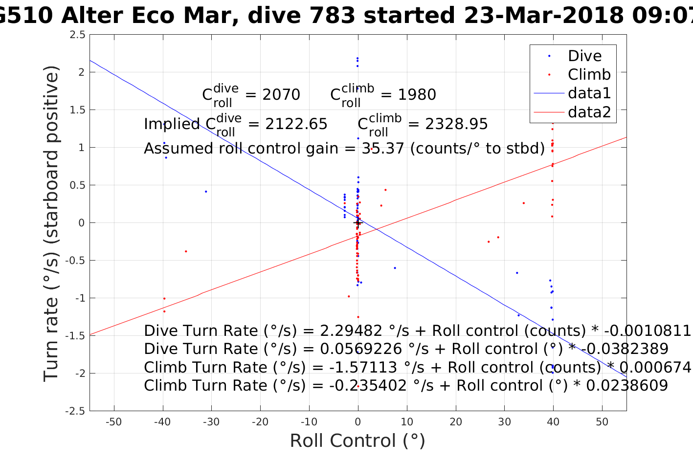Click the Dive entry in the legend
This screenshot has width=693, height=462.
(584, 56)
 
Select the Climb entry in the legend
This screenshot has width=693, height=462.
(589, 75)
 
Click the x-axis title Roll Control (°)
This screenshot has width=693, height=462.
(358, 441)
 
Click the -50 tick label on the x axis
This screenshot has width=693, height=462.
(113, 422)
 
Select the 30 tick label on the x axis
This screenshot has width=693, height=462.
(504, 422)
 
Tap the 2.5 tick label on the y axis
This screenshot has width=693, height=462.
(77, 35)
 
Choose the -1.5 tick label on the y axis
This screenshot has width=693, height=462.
(75, 336)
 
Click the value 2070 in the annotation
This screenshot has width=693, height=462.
(281, 95)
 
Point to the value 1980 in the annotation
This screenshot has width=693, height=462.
(417, 95)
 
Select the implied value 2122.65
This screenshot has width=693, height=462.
(296, 124)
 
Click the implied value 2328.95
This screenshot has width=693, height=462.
(456, 124)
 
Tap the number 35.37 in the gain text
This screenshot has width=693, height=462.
(383, 148)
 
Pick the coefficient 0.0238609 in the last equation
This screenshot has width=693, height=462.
(626, 386)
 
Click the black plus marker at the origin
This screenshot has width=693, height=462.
(358, 223)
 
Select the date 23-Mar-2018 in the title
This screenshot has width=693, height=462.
(544, 16)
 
